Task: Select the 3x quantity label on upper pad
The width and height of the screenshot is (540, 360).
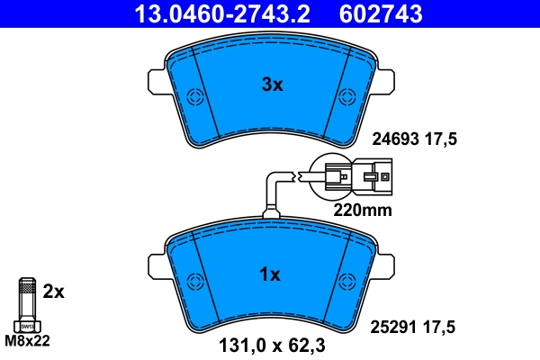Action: (x=272, y=85)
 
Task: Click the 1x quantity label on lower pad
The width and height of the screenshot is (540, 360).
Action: (x=271, y=274)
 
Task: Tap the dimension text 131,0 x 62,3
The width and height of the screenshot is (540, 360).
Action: (x=272, y=342)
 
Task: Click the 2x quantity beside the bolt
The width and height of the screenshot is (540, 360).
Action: (x=54, y=292)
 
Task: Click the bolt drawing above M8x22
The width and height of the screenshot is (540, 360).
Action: (x=26, y=306)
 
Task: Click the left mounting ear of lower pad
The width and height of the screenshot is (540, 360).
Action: (x=155, y=264)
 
